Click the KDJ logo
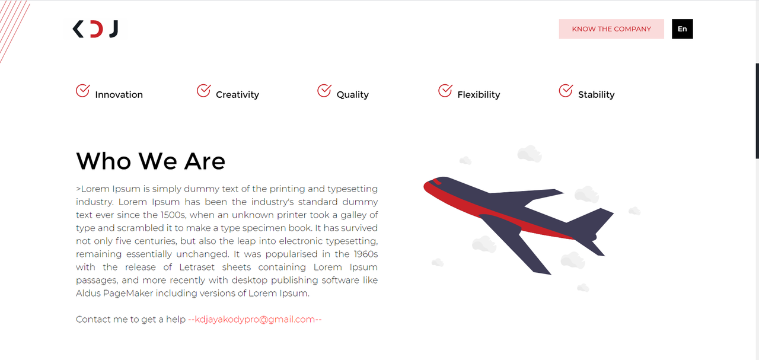[x=95, y=28]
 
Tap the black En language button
[x=682, y=29]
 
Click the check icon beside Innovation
[x=82, y=91]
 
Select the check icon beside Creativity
[x=203, y=91]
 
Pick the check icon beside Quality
[x=324, y=91]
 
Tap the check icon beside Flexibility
[x=445, y=91]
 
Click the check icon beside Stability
[x=565, y=91]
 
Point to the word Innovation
[x=119, y=95]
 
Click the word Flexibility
[x=479, y=95]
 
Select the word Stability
[x=596, y=95]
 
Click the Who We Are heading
[x=151, y=161]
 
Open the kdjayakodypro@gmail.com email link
[x=255, y=320]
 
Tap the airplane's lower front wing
[x=522, y=249]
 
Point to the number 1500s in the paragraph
[x=174, y=215]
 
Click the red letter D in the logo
[x=95, y=28]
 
